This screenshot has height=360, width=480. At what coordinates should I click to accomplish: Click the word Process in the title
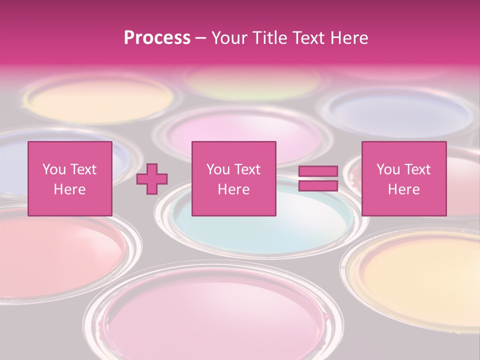[157, 37]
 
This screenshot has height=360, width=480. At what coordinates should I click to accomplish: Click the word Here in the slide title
[350, 37]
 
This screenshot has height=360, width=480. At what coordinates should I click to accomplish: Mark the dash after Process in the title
[201, 38]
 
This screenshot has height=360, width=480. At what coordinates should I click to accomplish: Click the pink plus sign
[152, 179]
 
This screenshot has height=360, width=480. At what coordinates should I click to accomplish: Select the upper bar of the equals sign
[318, 171]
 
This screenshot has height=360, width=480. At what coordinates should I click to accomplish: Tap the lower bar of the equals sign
[318, 186]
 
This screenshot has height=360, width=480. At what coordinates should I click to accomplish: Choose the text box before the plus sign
[70, 178]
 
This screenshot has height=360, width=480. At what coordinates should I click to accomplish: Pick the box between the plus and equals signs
[234, 178]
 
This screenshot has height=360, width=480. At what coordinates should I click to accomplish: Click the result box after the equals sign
[404, 178]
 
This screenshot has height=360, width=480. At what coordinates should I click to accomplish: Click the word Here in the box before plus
[69, 189]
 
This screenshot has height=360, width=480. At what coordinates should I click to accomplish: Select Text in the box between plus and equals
[248, 169]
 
